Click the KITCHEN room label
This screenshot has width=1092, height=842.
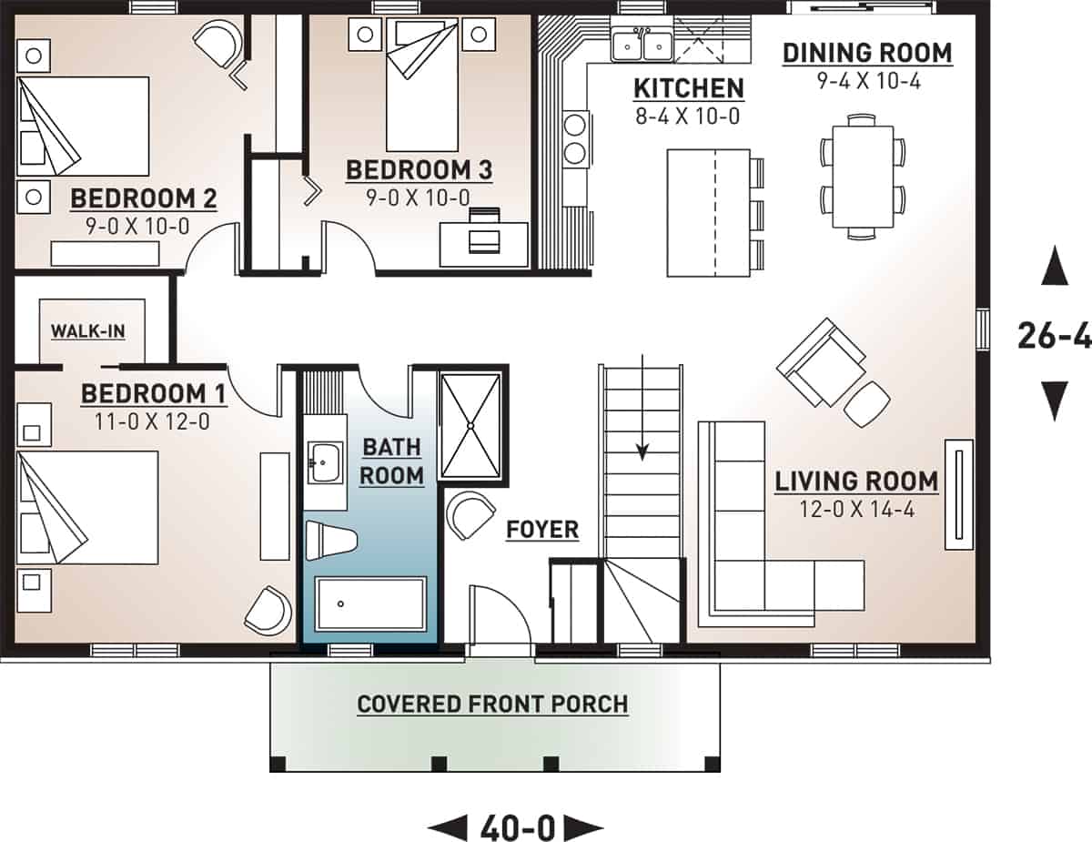click(x=688, y=88)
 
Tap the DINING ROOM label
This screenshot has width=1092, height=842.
click(x=867, y=53)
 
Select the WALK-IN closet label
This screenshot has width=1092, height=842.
click(x=87, y=330)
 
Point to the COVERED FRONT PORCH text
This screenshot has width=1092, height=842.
click(x=492, y=705)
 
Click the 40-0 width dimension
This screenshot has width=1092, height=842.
click(x=516, y=828)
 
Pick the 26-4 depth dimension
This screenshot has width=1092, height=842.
click(x=1054, y=337)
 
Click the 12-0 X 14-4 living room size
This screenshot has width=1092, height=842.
click(x=855, y=509)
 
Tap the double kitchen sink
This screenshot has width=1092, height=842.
click(x=641, y=43)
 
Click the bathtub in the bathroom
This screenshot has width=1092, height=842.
click(x=370, y=603)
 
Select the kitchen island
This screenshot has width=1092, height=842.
click(x=708, y=213)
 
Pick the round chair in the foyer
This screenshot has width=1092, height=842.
click(x=470, y=516)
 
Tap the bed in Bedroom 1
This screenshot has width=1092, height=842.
click(x=86, y=507)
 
